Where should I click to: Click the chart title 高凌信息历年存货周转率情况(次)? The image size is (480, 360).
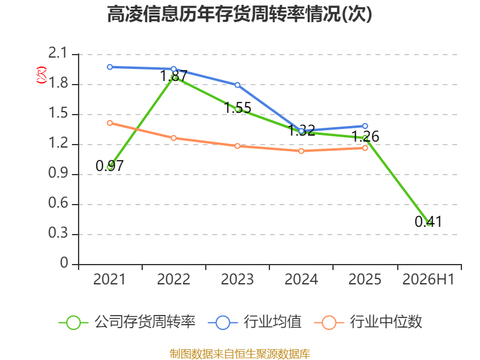tap(239, 14)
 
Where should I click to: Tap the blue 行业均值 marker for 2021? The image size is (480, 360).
tap(110, 67)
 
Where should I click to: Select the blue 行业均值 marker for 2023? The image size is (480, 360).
tap(238, 85)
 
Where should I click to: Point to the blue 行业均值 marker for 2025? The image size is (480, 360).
tap(365, 126)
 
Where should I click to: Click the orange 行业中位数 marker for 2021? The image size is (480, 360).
tap(110, 123)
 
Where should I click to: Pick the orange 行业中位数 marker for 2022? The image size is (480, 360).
tap(173, 138)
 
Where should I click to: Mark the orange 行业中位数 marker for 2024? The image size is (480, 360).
tap(301, 151)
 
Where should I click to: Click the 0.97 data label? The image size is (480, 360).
tap(110, 166)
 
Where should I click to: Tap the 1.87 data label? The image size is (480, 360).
tap(173, 76)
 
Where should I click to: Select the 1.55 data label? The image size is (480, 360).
tap(238, 108)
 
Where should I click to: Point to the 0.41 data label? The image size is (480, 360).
tap(428, 221)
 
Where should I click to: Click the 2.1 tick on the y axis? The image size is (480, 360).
tap(58, 53)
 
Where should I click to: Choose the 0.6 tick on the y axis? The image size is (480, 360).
tap(58, 203)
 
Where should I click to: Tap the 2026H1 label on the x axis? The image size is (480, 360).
tap(428, 279)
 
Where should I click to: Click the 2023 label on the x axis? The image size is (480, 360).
tap(238, 279)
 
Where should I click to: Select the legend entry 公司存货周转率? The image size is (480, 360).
tap(127, 322)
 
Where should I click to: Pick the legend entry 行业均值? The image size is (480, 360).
tap(254, 322)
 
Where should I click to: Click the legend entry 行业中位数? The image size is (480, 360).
tap(368, 322)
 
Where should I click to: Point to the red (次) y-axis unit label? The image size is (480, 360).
tap(41, 75)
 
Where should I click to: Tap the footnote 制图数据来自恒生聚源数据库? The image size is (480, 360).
tap(239, 354)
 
